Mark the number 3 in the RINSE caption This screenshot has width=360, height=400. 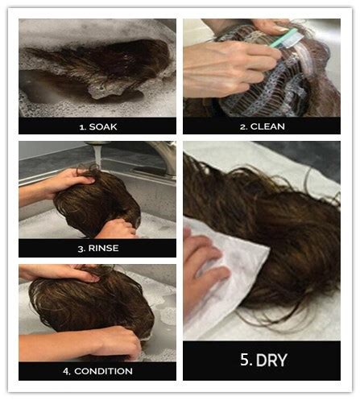81,248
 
